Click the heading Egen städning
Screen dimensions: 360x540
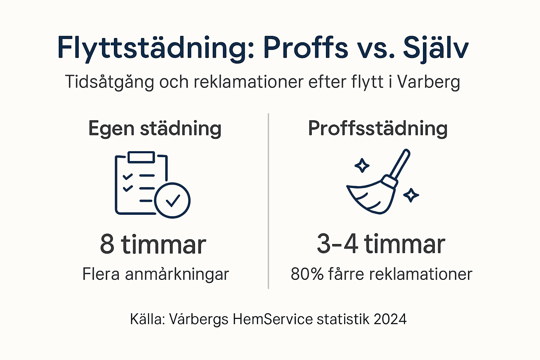pos(155,129)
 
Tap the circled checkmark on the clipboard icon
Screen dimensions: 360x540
pos(172,200)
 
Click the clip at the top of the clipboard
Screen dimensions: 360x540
pos(141,157)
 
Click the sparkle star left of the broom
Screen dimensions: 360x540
pos(362,165)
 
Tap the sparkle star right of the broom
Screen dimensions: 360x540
pos(411,195)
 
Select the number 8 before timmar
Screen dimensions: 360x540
pos(107,244)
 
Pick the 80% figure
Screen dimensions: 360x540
pos(307,274)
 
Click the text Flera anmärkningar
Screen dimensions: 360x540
pos(155,274)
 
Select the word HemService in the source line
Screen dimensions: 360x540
pos(272,319)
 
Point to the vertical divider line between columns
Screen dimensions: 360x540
pos(269,200)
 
